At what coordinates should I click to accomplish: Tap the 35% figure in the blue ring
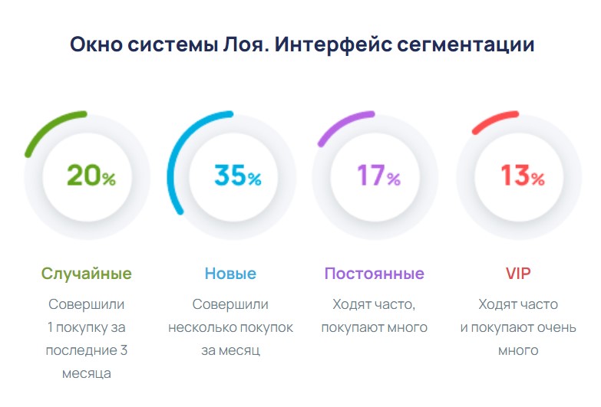point(237,176)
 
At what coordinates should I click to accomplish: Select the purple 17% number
point(378,176)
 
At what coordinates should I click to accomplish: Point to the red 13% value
point(522,176)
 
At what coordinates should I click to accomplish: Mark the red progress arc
point(495,120)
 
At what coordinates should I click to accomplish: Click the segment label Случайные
point(86,274)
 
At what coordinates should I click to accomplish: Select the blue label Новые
point(230,274)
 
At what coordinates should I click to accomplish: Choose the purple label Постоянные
point(374,274)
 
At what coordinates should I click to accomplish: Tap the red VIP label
point(518,274)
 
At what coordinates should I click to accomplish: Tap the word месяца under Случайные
point(86,373)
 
